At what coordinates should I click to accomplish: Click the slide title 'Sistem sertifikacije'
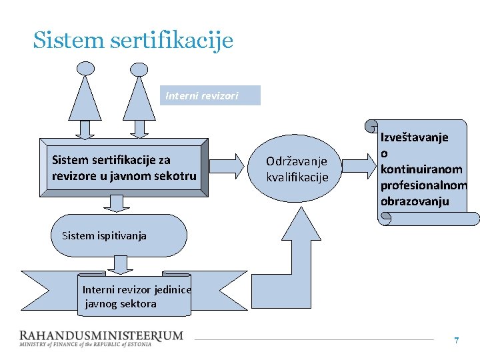click(x=133, y=40)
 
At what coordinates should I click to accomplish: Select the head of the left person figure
click(x=86, y=67)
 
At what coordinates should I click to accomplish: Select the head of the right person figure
click(x=139, y=69)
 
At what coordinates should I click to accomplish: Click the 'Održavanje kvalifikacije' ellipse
click(x=297, y=169)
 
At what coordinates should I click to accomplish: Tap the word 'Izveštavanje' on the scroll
click(x=414, y=137)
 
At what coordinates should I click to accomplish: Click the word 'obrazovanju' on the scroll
click(x=415, y=201)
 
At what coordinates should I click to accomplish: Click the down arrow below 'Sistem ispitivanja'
click(x=121, y=265)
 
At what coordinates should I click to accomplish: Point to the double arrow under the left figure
click(x=85, y=129)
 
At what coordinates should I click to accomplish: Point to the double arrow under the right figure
click(x=139, y=129)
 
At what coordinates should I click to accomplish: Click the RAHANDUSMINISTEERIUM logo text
click(x=100, y=336)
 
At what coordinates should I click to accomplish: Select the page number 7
click(x=457, y=341)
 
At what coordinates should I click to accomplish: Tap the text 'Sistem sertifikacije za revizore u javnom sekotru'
click(x=124, y=168)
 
